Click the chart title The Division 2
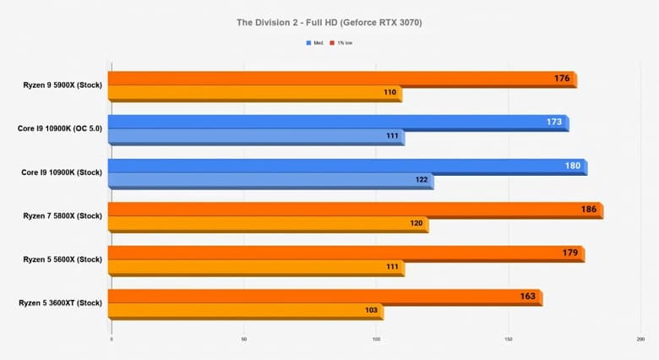tap(329, 22)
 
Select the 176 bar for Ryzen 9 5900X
tap(338, 79)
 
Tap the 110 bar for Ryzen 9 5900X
tap(253, 93)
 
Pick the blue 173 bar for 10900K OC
tap(338, 123)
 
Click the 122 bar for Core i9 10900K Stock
tap(270, 180)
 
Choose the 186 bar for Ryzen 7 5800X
tap(355, 210)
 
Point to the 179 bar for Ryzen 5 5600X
tap(338, 254)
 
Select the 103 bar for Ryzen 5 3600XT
tap(245, 311)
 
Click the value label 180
tap(572, 166)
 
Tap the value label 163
tap(528, 297)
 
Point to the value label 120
tap(416, 224)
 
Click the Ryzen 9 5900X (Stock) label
tap(63, 85)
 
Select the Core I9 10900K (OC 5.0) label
tap(59, 129)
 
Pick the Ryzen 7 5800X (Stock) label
tap(63, 215)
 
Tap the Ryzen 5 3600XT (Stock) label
tap(60, 303)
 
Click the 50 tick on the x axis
tap(244, 340)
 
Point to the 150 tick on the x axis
tap(509, 340)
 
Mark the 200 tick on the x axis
tap(640, 340)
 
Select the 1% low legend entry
tap(345, 41)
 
